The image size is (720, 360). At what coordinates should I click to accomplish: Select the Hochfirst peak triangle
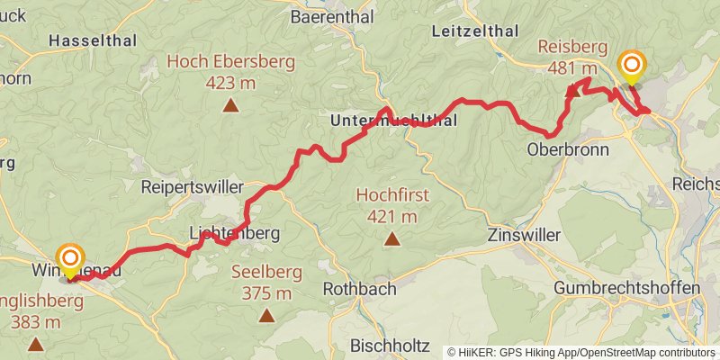391,238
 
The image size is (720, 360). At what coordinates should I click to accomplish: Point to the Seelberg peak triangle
266,315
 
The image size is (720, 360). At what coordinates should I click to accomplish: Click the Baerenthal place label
328,16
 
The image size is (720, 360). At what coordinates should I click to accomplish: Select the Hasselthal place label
92,40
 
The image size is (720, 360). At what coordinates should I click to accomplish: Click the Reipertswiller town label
193,187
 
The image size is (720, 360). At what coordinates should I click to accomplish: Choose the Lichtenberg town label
235,233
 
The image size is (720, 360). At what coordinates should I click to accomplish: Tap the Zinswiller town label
522,236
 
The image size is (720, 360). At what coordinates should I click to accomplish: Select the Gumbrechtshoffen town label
626,288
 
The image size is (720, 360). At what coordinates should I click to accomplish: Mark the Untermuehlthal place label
394,121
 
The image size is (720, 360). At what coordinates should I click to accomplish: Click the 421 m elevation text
392,216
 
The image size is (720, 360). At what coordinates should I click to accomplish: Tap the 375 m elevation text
267,293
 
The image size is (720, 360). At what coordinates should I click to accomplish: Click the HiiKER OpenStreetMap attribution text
581,352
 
